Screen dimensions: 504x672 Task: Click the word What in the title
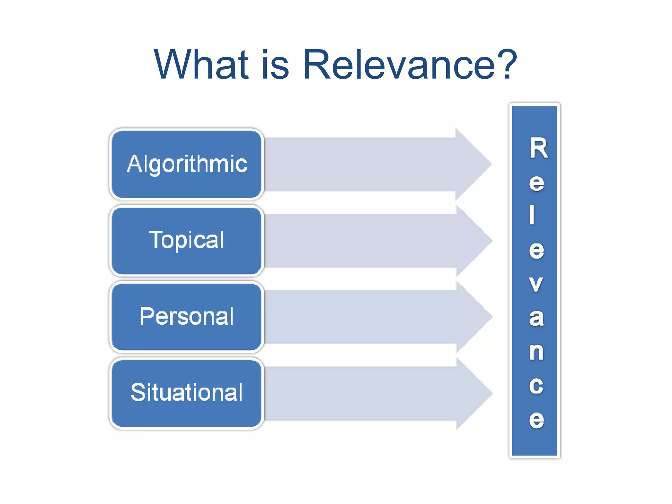tap(201, 64)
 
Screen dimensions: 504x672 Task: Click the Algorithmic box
tap(187, 164)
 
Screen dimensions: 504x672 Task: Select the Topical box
tap(187, 240)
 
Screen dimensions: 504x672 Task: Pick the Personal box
tap(187, 317)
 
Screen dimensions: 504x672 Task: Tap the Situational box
tap(187, 393)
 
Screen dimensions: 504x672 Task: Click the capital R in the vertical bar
tap(538, 148)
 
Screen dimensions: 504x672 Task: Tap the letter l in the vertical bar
tap(532, 215)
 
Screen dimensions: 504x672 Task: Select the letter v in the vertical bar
tap(536, 284)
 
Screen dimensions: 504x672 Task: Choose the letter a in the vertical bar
tap(536, 318)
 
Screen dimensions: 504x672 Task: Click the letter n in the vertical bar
tap(536, 351)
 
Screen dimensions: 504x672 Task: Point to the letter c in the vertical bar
tap(536, 385)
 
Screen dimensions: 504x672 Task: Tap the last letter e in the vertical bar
tap(536, 419)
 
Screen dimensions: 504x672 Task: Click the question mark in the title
tap(507, 64)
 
